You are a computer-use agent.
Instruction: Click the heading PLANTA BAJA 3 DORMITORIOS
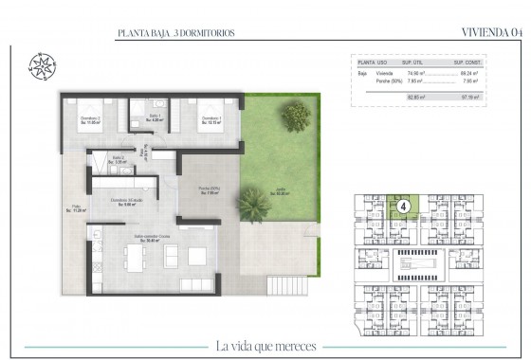click(x=175, y=33)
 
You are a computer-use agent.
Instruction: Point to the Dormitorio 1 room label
click(x=211, y=118)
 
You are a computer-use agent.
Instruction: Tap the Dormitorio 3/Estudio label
click(x=126, y=202)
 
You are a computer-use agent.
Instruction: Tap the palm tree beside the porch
click(x=254, y=203)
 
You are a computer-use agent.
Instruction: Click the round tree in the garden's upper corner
click(x=295, y=117)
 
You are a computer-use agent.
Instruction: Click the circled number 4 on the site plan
click(x=405, y=205)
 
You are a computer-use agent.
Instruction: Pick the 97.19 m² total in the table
click(x=466, y=96)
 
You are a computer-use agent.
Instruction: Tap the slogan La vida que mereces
click(x=265, y=344)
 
